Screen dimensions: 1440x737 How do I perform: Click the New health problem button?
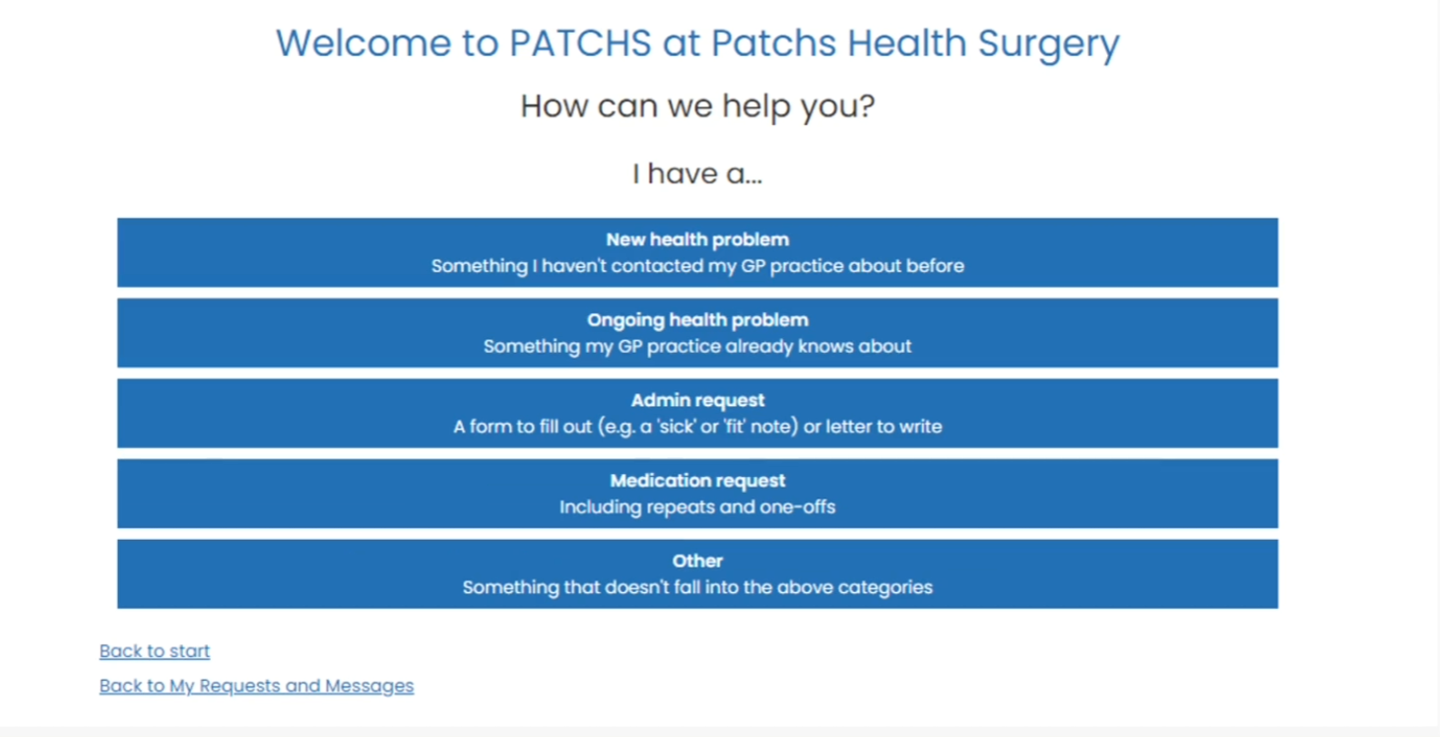[697, 252]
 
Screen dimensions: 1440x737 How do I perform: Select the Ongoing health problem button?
[697, 332]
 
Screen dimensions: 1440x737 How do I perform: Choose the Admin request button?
[697, 413]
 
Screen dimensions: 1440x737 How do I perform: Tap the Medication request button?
[697, 494]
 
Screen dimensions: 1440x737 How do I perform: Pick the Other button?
[697, 573]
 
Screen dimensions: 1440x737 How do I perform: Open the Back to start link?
[155, 651]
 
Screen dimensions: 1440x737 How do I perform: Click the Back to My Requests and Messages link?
[256, 686]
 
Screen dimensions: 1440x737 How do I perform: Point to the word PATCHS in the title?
[580, 43]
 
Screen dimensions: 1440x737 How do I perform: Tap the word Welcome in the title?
[363, 43]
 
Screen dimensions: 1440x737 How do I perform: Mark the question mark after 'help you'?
[867, 105]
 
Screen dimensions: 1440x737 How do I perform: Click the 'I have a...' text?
[697, 173]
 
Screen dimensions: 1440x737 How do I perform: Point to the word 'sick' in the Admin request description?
[676, 427]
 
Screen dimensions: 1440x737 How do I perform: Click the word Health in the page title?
[906, 43]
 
